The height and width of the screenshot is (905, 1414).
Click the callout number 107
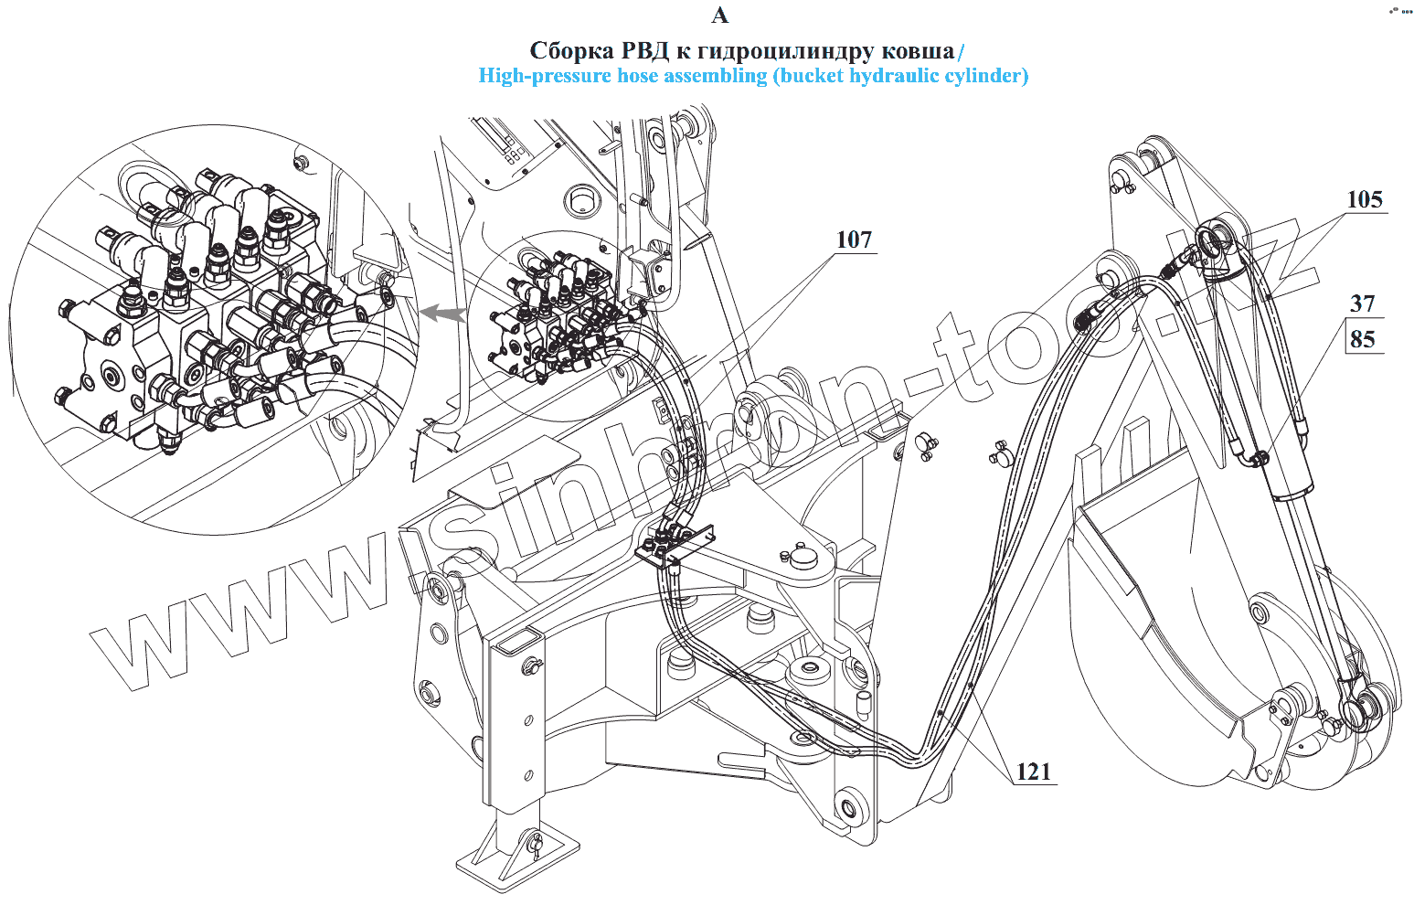coord(854,240)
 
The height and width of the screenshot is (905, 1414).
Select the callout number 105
coord(1365,199)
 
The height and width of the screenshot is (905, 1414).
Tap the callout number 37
coord(1362,303)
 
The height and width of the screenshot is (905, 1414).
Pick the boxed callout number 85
coord(1362,339)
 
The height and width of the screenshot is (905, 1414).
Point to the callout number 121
coord(1034,772)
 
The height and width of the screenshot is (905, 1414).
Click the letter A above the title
coord(719,16)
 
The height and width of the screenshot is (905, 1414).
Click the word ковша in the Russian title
coord(917,49)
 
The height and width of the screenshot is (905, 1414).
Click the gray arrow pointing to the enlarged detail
coord(441,314)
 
